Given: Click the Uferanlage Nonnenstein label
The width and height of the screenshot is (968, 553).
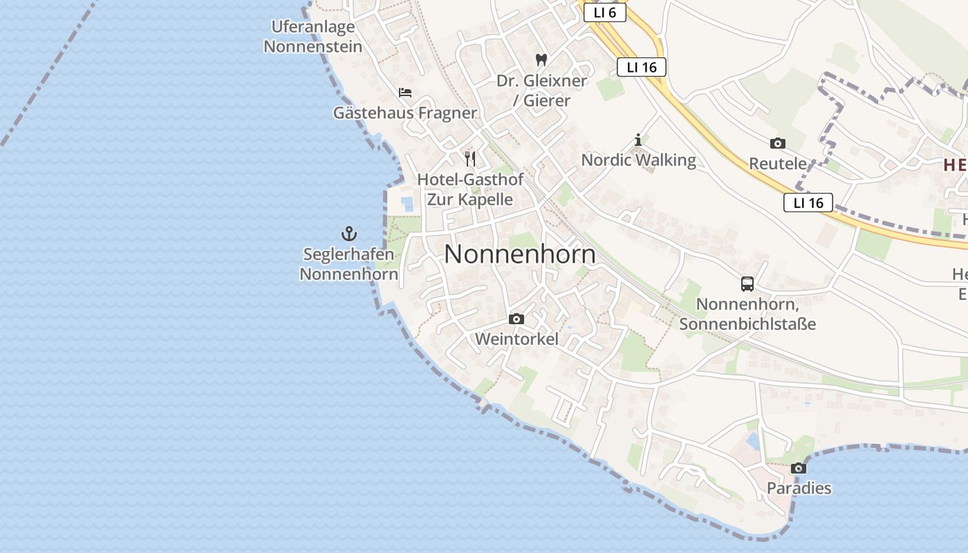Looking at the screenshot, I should coord(313,37).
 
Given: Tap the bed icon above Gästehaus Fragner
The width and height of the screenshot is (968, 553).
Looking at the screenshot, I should coord(405,92).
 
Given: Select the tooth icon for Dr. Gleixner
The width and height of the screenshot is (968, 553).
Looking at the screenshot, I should coord(541,60).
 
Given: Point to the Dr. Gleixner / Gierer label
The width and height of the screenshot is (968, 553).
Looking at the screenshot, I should coord(541,91).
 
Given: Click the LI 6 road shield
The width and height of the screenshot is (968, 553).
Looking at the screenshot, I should coord(604,12).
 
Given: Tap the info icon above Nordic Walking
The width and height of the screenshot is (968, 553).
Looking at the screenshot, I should coord(637,140).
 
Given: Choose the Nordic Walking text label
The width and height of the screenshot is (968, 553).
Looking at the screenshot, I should coord(638,160).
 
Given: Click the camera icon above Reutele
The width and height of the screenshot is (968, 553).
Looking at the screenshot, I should coord(778,144).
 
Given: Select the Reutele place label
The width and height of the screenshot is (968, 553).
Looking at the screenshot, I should coord(778,164).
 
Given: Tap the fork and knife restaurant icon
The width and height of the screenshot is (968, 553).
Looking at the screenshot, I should coord(470,159).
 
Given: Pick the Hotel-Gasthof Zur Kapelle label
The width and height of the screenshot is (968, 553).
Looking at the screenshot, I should coord(470,189).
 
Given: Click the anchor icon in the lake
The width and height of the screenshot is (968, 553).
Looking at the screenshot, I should coord(349,234).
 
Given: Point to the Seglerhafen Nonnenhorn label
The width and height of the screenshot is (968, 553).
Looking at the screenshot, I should coord(349,264).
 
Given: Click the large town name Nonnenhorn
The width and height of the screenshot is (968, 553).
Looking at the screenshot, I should coord(520,254).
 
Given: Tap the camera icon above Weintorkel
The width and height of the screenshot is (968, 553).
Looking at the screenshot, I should coord(516,319).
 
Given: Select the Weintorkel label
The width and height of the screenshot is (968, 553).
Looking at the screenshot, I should coord(516,339).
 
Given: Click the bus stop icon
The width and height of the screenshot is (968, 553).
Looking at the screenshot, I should coord(747,284).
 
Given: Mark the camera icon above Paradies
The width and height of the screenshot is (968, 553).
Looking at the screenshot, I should coord(799,468).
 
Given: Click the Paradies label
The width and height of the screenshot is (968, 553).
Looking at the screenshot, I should coord(799,488).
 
